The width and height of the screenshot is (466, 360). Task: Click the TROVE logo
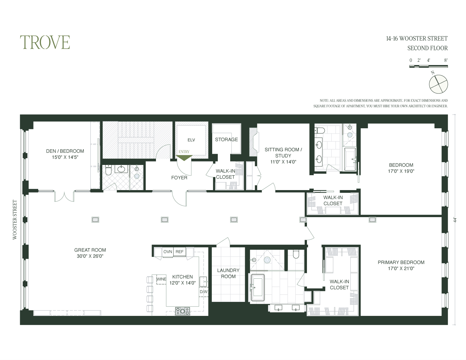pyautogui.click(x=45, y=42)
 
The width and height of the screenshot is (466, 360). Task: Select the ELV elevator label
pyautogui.click(x=191, y=140)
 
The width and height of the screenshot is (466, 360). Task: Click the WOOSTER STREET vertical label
pyautogui.click(x=15, y=220)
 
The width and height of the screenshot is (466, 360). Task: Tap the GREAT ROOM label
pyautogui.click(x=90, y=250)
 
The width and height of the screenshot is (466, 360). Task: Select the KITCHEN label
pyautogui.click(x=182, y=277)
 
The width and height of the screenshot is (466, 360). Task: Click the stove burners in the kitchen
pyautogui.click(x=182, y=311)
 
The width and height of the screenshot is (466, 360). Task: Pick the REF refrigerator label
pyautogui.click(x=180, y=252)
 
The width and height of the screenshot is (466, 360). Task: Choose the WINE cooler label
pyautogui.click(x=161, y=279)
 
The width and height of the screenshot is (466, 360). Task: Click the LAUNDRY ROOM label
pyautogui.click(x=228, y=273)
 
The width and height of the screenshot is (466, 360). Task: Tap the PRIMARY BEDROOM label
pyautogui.click(x=401, y=262)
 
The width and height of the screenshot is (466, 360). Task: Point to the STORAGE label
pyautogui.click(x=226, y=139)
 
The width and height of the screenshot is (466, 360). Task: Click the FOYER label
pyautogui.click(x=179, y=178)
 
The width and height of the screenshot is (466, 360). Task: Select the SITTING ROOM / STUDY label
pyautogui.click(x=283, y=153)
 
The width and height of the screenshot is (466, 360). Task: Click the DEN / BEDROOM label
pyautogui.click(x=65, y=151)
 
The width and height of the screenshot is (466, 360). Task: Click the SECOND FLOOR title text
pyautogui.click(x=427, y=48)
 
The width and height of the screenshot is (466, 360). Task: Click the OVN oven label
pyautogui.click(x=168, y=252)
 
